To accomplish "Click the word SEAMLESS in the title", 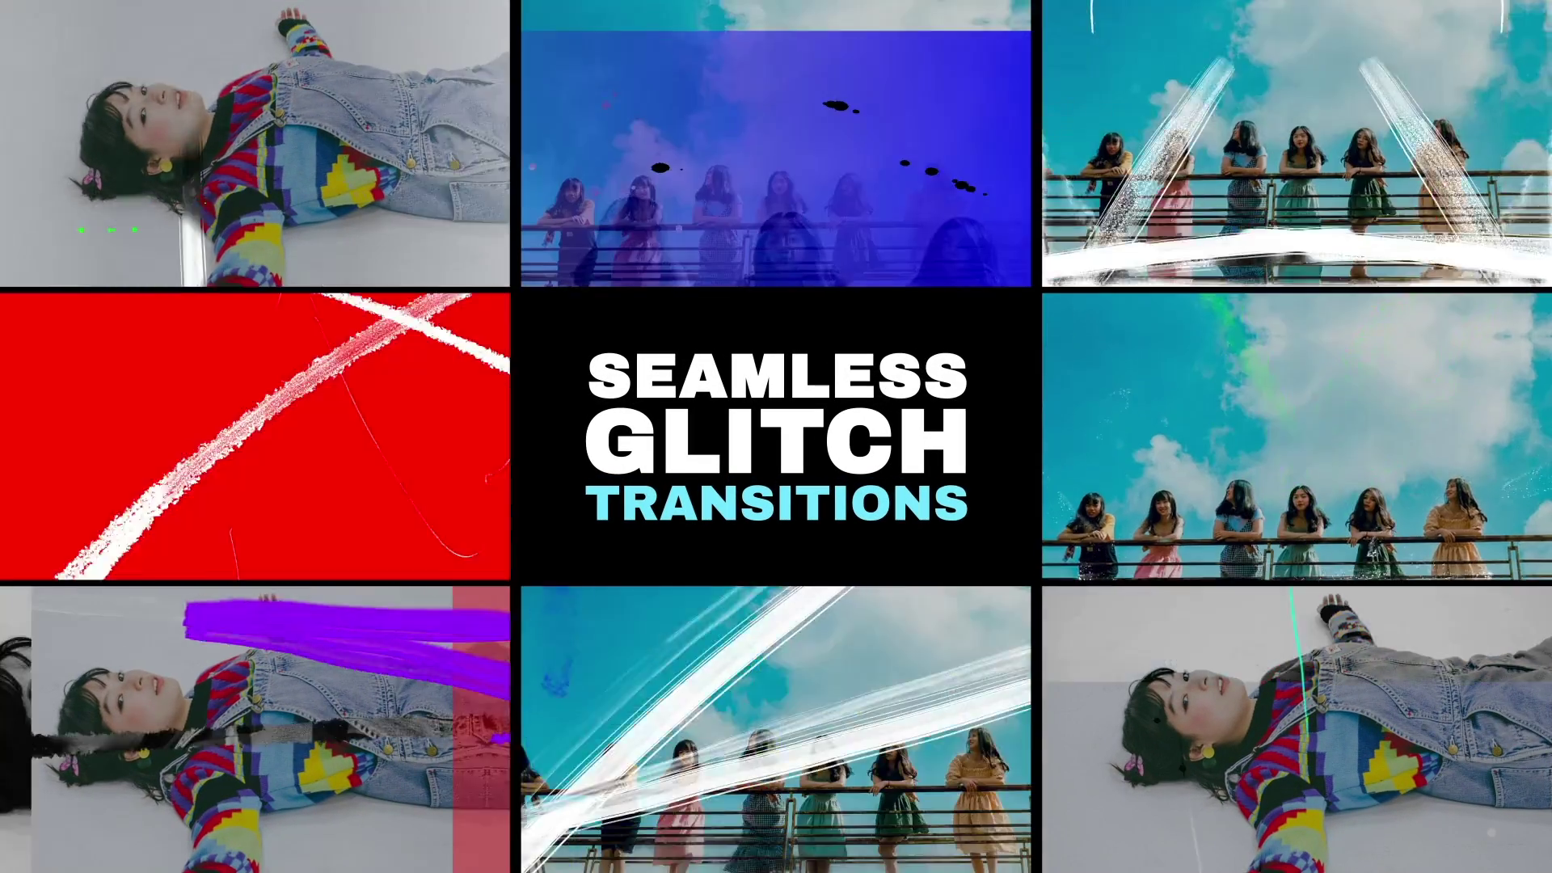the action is [777, 376].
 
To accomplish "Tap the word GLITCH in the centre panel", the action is [777, 441].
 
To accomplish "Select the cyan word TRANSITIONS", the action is [777, 503].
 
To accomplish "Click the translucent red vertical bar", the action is [481, 727].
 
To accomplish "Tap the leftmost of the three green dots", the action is [82, 230].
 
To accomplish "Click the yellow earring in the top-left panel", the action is [165, 166].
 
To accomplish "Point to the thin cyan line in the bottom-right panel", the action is [1300, 663].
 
